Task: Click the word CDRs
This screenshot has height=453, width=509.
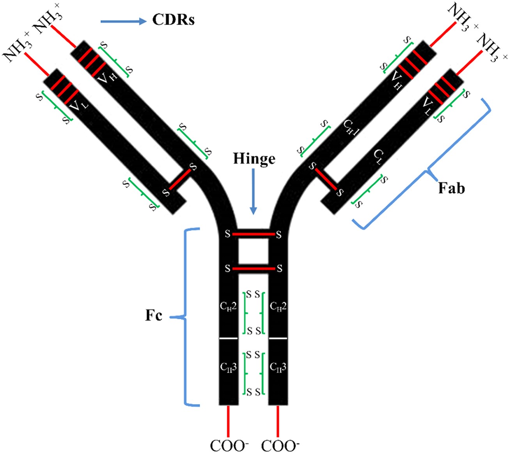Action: click(x=173, y=20)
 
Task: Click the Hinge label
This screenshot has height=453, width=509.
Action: click(x=254, y=159)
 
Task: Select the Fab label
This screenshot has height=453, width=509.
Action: click(x=452, y=188)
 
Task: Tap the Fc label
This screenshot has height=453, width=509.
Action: click(x=154, y=315)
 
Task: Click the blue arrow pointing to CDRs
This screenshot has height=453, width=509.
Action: click(x=123, y=21)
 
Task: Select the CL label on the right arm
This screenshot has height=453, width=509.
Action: click(x=378, y=157)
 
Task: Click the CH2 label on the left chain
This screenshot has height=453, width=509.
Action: click(x=228, y=307)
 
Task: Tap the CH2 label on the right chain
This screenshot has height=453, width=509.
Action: click(x=278, y=307)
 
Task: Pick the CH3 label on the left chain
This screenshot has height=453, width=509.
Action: click(x=228, y=367)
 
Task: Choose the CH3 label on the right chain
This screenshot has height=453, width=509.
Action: click(x=278, y=367)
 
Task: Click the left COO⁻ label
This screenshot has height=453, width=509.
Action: click(x=229, y=445)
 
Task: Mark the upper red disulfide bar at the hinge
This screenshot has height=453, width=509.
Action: click(x=254, y=234)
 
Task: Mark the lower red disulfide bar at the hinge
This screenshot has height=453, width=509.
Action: click(x=254, y=269)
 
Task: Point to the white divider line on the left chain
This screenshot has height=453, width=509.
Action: click(x=228, y=338)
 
